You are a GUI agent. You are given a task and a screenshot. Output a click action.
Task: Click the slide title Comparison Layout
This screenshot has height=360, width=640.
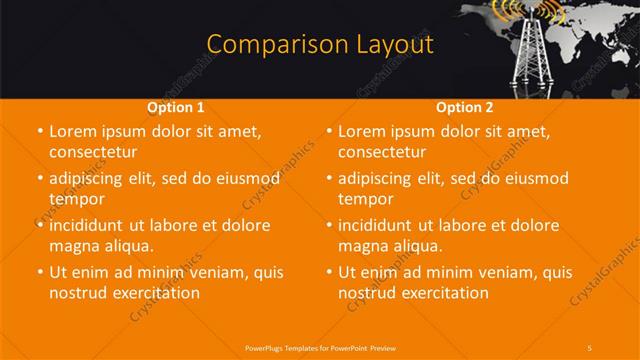[319, 45]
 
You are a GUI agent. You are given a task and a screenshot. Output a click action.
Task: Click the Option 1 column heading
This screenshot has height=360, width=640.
[176, 107]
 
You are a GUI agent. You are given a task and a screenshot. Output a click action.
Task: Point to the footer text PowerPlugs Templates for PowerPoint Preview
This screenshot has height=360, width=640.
[319, 346]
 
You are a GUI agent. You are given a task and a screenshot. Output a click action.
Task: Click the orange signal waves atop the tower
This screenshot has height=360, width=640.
[530, 12]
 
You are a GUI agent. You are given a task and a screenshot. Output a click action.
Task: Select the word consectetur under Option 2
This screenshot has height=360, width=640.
[382, 153]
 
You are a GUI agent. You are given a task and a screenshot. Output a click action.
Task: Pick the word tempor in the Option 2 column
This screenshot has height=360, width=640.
[365, 199]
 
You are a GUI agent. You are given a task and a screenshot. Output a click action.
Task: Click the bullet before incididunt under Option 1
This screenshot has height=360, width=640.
[38, 226]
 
